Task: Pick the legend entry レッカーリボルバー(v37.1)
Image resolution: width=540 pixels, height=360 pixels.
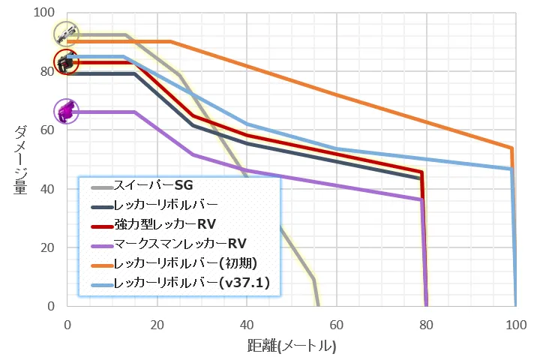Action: click(x=186, y=283)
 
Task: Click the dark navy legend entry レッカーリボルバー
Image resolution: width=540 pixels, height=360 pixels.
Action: click(x=165, y=204)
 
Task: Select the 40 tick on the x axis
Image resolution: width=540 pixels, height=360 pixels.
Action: click(x=247, y=325)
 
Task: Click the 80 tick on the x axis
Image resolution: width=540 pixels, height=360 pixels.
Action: click(x=426, y=325)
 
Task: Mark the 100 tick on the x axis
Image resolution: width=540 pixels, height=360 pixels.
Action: click(x=515, y=325)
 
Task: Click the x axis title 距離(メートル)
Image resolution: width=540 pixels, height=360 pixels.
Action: click(x=291, y=346)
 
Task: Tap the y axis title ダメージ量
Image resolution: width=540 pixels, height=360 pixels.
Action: click(x=21, y=160)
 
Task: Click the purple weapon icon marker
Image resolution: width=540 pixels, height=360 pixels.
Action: click(x=67, y=112)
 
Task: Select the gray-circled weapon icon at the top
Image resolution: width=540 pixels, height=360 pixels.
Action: click(x=67, y=33)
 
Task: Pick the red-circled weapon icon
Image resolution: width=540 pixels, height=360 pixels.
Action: click(x=67, y=61)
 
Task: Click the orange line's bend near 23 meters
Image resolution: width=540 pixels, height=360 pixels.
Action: click(x=170, y=41)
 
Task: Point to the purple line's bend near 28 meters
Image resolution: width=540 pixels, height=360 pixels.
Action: click(x=193, y=154)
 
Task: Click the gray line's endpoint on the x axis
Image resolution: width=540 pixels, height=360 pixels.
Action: click(x=318, y=305)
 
